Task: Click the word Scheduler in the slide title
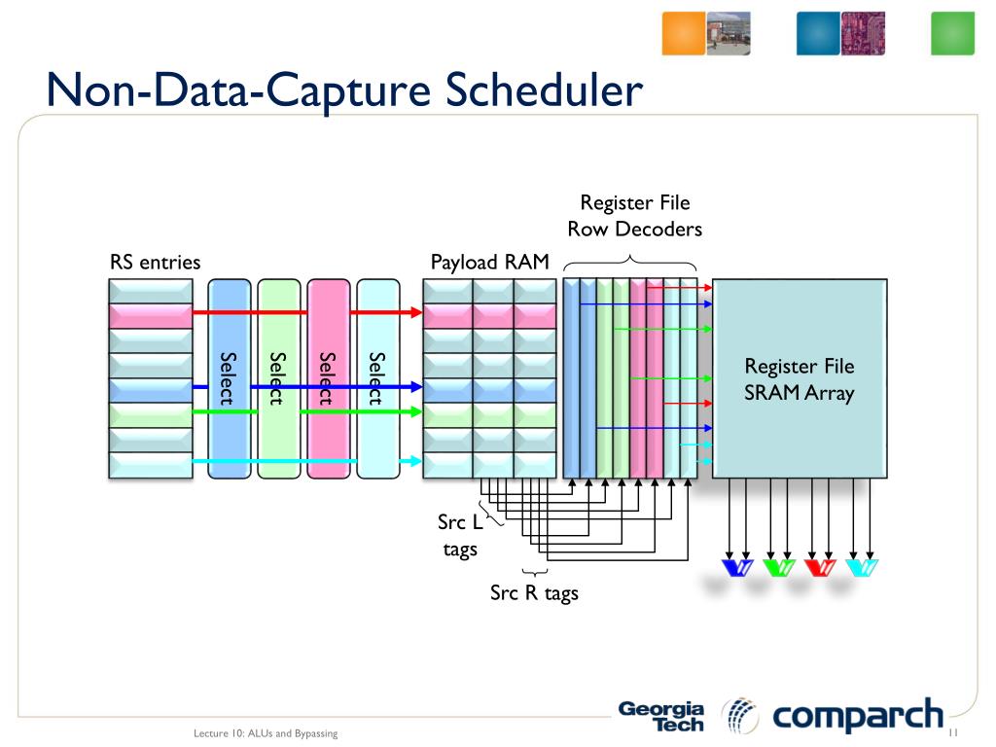[x=544, y=89]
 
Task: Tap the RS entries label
[x=155, y=262]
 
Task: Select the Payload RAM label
[x=490, y=262]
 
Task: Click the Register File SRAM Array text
[x=800, y=379]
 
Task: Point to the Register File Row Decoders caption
[x=634, y=215]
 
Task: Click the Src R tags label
[x=534, y=592]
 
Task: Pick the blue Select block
[x=230, y=378]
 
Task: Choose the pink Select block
[x=329, y=378]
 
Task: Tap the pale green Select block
[x=279, y=378]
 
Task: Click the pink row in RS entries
[x=151, y=316]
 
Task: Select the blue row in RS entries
[x=151, y=390]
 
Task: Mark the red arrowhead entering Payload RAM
[x=416, y=312]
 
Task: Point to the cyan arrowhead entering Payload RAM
[x=416, y=460]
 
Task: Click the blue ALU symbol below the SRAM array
[x=737, y=567]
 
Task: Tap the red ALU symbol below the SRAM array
[x=820, y=567]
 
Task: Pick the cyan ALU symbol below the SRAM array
[x=862, y=567]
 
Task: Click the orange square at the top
[x=684, y=33]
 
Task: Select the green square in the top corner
[x=953, y=33]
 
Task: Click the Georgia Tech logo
[x=661, y=716]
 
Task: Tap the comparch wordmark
[x=858, y=716]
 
